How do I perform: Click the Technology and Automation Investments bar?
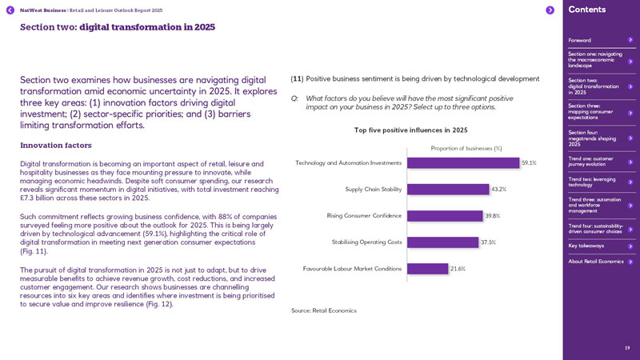tap(463, 162)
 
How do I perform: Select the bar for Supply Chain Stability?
tap(448, 190)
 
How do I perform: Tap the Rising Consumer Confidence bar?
tap(445, 216)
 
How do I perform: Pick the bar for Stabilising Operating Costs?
tap(442, 242)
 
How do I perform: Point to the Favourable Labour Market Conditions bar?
tap(427, 269)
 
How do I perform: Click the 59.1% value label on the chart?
tap(529, 163)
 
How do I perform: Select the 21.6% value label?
tap(458, 269)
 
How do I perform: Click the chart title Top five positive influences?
tap(410, 130)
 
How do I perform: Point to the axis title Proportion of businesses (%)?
tap(466, 148)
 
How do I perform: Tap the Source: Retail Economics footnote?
tap(324, 310)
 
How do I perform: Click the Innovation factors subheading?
tap(56, 146)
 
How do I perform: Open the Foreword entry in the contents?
tap(580, 40)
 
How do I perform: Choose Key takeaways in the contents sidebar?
tap(586, 246)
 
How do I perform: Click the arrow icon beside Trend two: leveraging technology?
tap(630, 182)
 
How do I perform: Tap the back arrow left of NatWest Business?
tap(10, 10)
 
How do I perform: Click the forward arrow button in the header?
tap(550, 10)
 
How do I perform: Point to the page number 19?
tap(627, 348)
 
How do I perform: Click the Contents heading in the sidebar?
tap(587, 10)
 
